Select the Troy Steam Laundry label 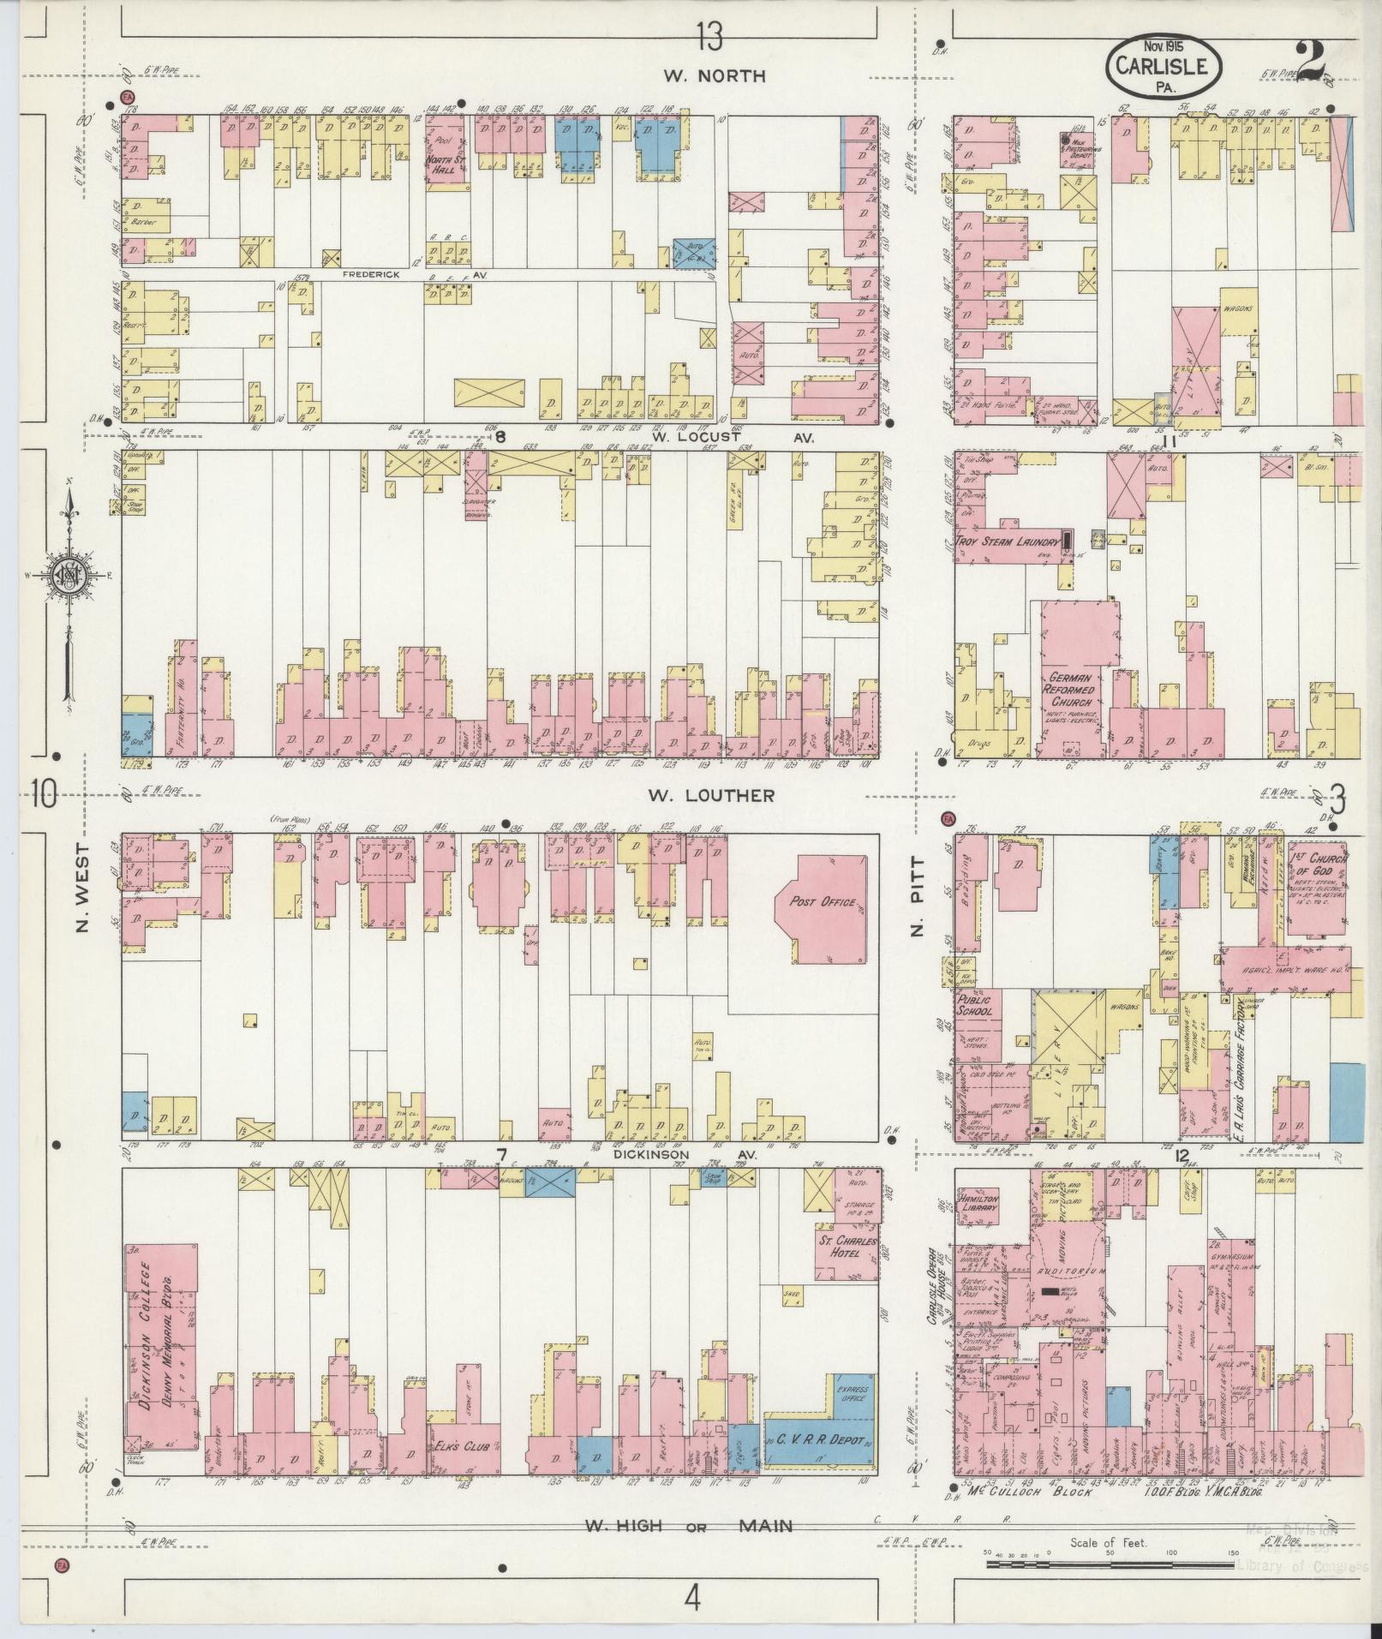1009,541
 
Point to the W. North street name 714,75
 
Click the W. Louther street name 710,795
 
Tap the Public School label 974,1004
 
